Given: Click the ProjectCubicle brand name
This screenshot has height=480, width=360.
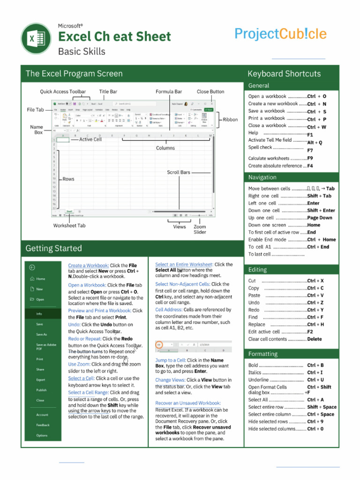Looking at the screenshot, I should (280, 34).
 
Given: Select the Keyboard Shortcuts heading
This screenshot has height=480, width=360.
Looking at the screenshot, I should (284, 74).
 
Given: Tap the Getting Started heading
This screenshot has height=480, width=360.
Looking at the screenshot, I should (53, 248).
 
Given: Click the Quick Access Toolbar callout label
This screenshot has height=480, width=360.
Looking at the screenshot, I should (63, 92).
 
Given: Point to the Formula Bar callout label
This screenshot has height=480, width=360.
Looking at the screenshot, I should (169, 92).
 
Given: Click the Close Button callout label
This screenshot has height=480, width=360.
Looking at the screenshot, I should (210, 92).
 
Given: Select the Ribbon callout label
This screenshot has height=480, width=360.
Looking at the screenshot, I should (230, 120).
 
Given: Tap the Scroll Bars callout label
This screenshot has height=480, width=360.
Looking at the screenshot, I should (179, 172).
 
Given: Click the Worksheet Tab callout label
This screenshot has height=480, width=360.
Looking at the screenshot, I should (69, 225).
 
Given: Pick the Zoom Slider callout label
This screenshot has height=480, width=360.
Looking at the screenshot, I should (200, 229).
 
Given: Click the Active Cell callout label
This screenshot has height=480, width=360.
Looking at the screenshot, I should (90, 139).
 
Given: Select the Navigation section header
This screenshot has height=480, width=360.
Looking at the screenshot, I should (262, 177).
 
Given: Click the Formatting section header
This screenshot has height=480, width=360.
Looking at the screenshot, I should (263, 354).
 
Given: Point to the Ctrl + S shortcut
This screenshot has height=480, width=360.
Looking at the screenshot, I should (317, 112).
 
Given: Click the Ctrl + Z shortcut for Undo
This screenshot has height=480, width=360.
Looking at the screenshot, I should (315, 303).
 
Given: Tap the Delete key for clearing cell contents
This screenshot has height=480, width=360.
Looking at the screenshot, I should (315, 339).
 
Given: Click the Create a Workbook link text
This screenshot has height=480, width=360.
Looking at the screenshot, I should (89, 265).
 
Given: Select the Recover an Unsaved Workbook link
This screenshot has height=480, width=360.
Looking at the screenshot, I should (188, 403).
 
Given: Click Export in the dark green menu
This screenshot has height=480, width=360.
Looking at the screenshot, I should (41, 380).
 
